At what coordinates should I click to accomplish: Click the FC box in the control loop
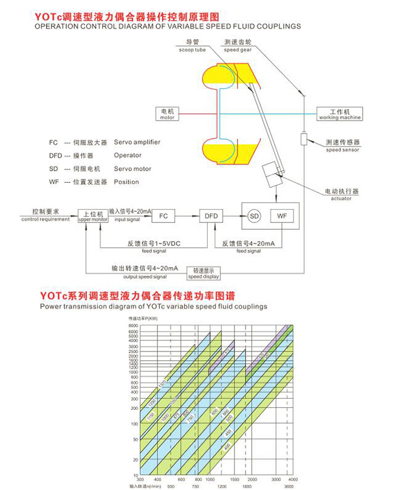coord(163,216)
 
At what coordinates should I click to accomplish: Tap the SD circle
coord(254,216)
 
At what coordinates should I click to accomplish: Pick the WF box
coord(283,216)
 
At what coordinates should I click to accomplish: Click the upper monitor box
coord(92,216)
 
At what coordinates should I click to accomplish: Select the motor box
coord(167,114)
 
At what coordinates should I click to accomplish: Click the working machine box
coord(340,114)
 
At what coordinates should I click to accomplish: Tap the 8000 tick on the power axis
coord(132,325)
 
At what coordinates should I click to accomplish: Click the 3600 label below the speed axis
coord(290,486)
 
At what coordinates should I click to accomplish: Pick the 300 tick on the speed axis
coord(139,479)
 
